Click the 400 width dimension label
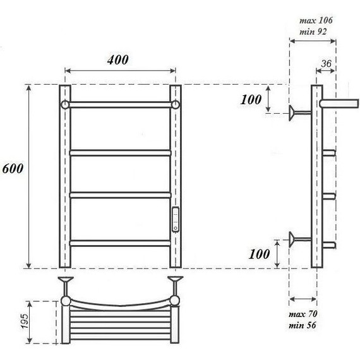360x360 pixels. click(x=117, y=60)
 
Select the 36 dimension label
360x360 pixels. click(x=327, y=63)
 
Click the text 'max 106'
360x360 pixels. click(x=316, y=20)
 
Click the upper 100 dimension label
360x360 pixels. click(x=251, y=99)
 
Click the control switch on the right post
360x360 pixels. click(x=175, y=217)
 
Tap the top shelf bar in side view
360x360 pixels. click(x=338, y=102)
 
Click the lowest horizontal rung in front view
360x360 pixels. click(x=120, y=242)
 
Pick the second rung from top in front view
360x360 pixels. click(x=120, y=152)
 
